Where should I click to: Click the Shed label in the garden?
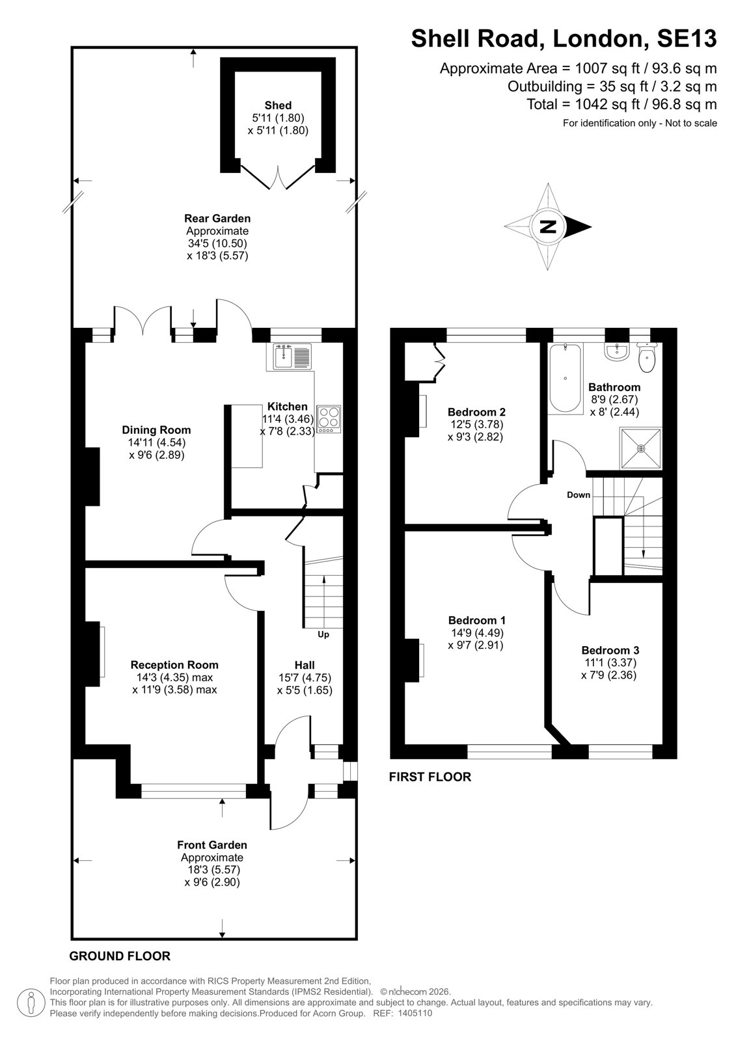278,105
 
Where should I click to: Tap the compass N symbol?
549,227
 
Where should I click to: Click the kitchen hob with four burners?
329,420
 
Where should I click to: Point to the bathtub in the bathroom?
565,378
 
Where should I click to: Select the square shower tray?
641,448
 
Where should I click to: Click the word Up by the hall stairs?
323,635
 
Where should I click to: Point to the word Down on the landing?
579,495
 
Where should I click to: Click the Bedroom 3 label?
610,650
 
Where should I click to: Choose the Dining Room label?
156,430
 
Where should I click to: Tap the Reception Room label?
174,665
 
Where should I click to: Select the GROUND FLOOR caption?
120,956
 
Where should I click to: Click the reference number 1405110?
415,1013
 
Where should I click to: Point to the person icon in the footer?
31,1003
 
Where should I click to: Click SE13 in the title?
687,38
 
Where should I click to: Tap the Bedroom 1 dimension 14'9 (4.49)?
477,633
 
